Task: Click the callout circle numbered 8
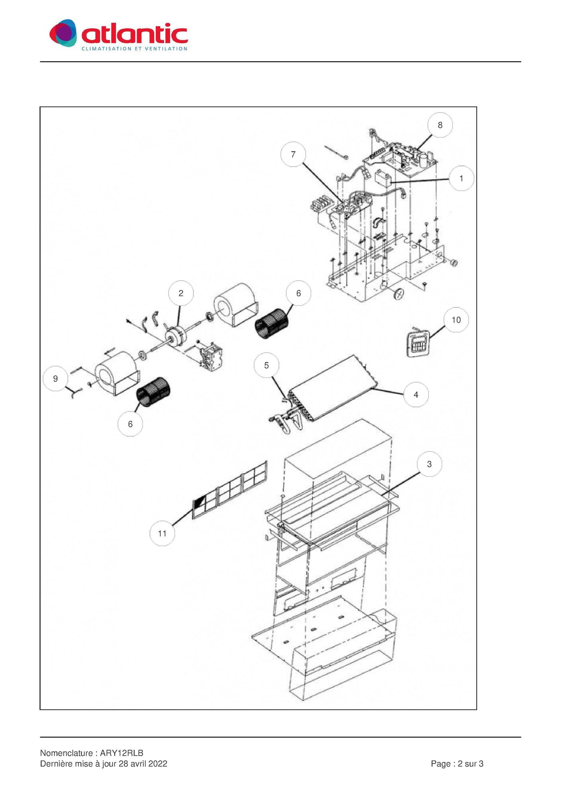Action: [440, 125]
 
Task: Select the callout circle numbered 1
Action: [462, 179]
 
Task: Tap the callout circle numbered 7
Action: [293, 154]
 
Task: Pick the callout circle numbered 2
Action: [181, 293]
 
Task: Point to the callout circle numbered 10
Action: [456, 320]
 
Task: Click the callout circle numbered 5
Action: [267, 365]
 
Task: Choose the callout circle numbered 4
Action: [416, 395]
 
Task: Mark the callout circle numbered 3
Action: [429, 464]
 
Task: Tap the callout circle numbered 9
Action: [55, 379]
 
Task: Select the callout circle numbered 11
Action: [162, 533]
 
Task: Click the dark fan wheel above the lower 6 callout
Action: [153, 392]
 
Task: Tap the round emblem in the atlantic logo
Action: [63, 33]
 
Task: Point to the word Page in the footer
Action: [441, 764]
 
